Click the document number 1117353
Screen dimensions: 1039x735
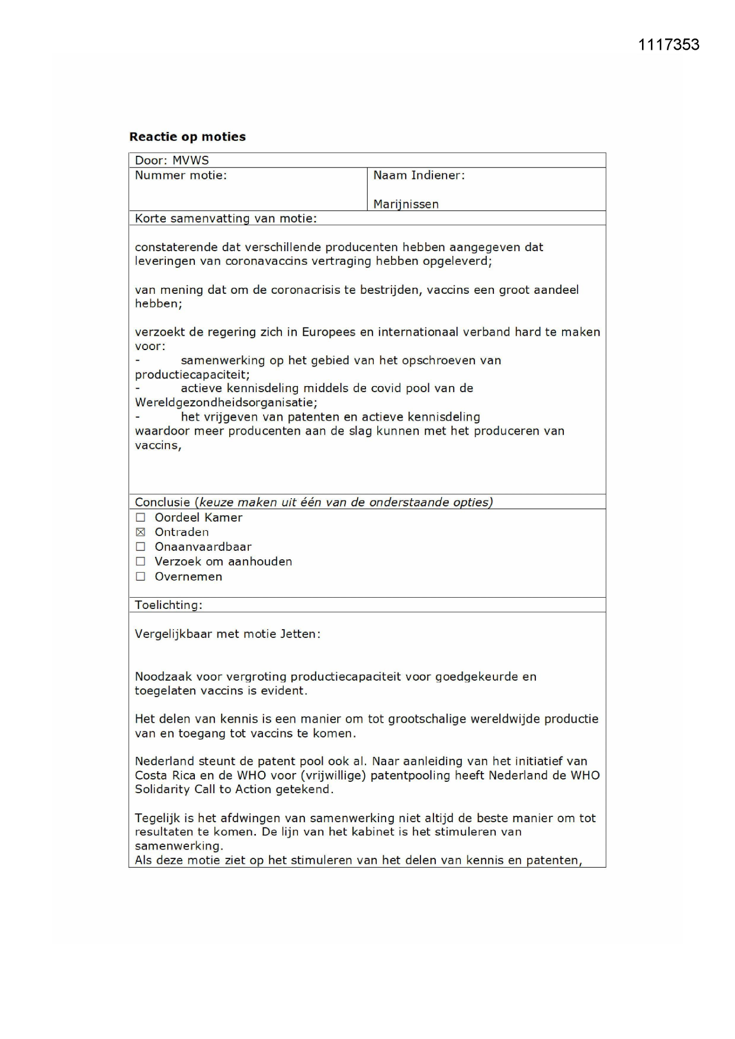point(668,45)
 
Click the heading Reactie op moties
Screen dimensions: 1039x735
point(187,137)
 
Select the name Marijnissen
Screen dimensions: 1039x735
point(406,204)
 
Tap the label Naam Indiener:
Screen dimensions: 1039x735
point(419,175)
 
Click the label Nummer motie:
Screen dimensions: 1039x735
point(181,175)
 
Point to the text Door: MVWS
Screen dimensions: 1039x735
point(172,161)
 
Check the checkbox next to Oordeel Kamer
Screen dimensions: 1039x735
point(140,518)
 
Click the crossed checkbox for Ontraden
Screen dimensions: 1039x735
point(140,533)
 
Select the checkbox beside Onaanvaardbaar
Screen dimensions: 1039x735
point(140,547)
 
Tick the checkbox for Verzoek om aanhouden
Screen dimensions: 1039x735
point(140,562)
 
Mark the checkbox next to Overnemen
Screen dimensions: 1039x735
point(140,577)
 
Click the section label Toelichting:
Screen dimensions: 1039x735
point(168,605)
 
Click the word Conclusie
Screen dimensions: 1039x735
point(162,502)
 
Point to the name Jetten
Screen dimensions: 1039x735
point(300,634)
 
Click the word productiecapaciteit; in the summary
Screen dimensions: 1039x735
point(192,375)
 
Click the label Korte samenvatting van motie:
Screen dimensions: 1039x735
point(226,219)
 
